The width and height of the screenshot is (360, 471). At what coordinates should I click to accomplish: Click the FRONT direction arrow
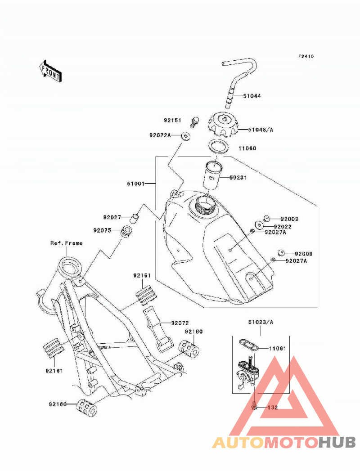tap(50, 71)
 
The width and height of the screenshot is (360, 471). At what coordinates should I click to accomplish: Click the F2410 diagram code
tap(306, 56)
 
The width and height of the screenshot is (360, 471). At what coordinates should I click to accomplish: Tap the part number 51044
tap(252, 96)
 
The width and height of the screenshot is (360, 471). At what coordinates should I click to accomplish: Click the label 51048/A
tap(261, 130)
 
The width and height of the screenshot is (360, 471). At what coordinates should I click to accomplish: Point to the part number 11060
tap(247, 148)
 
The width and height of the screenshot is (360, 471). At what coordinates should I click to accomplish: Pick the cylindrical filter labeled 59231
tap(213, 175)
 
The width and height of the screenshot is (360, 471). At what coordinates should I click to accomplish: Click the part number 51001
tap(135, 183)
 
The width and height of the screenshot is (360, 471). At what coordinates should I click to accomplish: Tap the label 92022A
tap(160, 135)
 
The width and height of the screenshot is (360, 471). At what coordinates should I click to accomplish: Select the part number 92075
tap(102, 230)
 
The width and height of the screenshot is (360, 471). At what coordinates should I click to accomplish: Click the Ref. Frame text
tap(67, 243)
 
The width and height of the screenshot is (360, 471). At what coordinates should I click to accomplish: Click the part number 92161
tap(54, 371)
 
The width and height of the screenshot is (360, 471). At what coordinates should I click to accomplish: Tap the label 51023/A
tap(261, 322)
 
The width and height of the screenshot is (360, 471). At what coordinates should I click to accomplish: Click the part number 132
tap(272, 408)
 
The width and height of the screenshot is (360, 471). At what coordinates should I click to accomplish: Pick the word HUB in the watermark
tap(337, 443)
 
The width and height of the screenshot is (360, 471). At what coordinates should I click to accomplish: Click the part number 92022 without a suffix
tap(283, 227)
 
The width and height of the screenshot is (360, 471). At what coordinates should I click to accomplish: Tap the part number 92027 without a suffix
tap(112, 217)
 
